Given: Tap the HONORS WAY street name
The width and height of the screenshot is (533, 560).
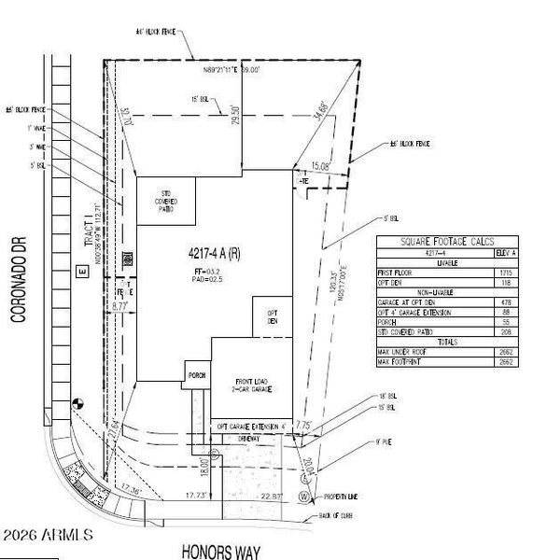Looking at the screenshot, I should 220,552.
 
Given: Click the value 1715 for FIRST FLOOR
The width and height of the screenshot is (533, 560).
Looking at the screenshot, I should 480,271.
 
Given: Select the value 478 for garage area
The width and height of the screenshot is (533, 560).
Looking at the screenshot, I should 480,301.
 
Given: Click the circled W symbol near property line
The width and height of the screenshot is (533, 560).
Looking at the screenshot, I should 304,497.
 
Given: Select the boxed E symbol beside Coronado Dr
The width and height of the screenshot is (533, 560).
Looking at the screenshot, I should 81,272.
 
